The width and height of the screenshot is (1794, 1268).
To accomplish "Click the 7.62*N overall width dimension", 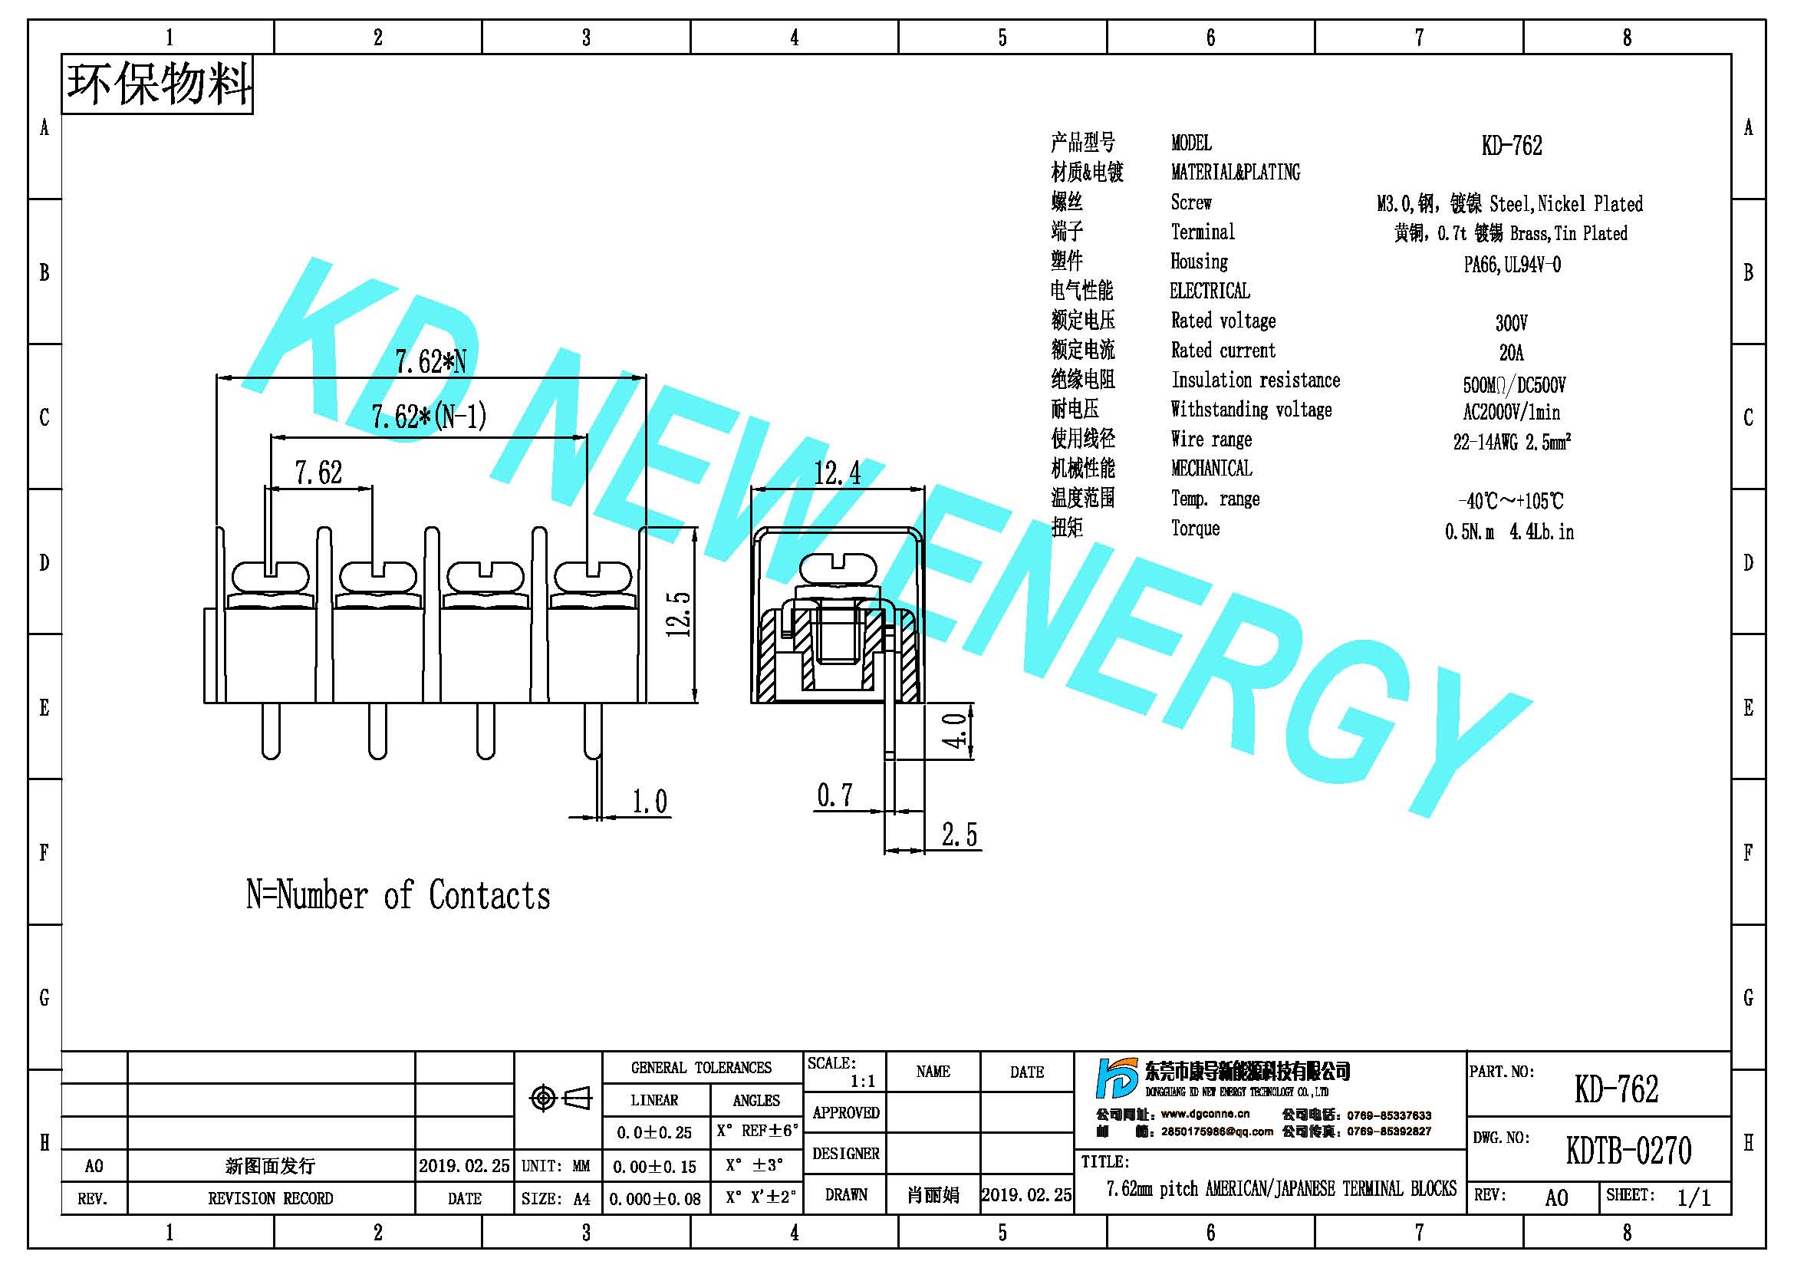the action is [430, 363].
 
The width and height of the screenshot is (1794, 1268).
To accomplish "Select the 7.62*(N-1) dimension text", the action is [429, 417].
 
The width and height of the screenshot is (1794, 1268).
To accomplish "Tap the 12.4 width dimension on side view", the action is [837, 473].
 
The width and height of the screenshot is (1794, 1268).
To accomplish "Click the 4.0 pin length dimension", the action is [955, 730].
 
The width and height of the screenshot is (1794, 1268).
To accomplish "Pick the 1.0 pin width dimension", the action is [650, 802].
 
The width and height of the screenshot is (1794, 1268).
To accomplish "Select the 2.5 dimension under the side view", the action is [959, 835].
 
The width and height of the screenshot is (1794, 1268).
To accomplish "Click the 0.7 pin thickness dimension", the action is [834, 795].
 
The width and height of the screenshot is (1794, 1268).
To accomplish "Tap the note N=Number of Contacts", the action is [399, 895].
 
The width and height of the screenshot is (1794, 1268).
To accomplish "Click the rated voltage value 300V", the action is [1511, 323].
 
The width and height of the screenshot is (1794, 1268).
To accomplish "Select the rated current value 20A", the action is [1511, 352].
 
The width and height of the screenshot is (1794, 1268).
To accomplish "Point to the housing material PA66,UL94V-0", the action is [1512, 264].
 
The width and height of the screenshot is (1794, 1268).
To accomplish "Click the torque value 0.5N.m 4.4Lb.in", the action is [1509, 532].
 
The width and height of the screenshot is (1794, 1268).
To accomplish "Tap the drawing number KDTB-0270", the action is [1628, 1150].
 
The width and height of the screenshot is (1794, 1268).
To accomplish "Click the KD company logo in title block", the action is [1117, 1079].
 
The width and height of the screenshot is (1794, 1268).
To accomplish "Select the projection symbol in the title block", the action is [560, 1098].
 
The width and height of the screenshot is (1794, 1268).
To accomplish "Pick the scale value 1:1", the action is [863, 1082].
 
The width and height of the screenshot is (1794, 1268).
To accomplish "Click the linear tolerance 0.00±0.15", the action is [654, 1167].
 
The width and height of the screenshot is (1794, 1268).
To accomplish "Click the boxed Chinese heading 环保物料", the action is [158, 84].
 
